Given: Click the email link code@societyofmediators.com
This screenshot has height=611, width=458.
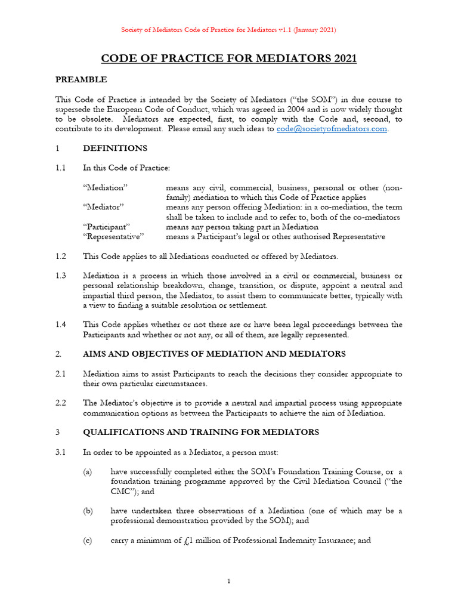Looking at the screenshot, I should click(332, 129).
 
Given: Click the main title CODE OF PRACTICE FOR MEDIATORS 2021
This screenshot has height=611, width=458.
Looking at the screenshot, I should click(229, 58).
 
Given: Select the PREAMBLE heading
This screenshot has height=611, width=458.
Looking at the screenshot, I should click(81, 79).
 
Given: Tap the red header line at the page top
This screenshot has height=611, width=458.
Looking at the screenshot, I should click(229, 30).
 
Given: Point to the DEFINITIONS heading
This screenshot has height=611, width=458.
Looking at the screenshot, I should click(114, 148).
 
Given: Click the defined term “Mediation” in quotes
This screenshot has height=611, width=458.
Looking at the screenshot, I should click(106, 187).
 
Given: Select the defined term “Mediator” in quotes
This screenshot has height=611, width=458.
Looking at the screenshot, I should click(103, 207).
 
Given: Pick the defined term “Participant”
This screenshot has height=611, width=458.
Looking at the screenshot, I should click(107, 227).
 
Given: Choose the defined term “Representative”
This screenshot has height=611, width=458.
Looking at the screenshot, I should click(113, 236).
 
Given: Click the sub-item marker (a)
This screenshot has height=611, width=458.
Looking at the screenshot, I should click(88, 471).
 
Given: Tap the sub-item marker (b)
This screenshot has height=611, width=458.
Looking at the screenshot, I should click(88, 511).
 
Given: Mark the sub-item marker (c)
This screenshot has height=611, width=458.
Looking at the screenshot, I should click(88, 541).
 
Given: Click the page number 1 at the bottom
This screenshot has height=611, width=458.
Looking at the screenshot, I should click(229, 582).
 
